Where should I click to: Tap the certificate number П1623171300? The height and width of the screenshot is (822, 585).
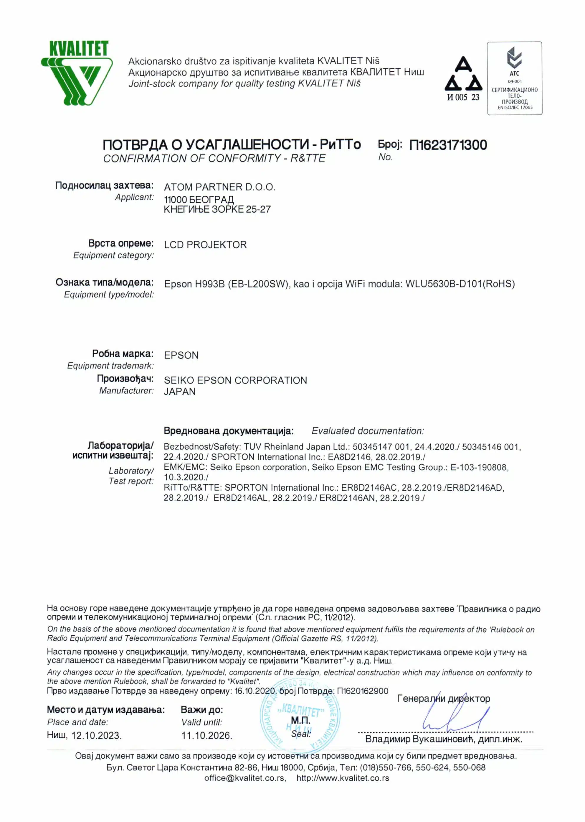(x=448, y=145)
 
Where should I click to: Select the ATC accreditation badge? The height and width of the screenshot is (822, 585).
(x=514, y=78)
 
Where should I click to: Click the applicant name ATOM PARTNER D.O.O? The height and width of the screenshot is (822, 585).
(x=219, y=187)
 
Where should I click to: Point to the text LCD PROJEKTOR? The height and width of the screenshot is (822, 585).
(x=205, y=245)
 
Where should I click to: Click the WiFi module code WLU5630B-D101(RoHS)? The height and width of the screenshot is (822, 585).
(x=460, y=284)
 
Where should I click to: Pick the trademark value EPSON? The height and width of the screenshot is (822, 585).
(x=181, y=356)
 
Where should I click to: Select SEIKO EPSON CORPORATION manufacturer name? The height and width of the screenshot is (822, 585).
(x=235, y=380)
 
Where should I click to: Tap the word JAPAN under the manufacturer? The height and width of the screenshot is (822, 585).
(x=180, y=392)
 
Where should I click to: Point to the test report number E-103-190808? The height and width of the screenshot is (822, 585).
(x=479, y=467)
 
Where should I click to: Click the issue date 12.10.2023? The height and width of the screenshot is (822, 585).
(x=96, y=736)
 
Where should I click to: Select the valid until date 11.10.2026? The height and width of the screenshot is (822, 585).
(x=207, y=736)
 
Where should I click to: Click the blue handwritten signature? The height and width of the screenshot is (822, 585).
(x=454, y=717)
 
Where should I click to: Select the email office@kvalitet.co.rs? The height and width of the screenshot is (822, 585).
(x=244, y=778)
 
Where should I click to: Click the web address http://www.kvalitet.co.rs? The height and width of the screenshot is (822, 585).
(x=343, y=778)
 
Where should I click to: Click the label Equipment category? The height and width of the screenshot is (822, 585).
(x=113, y=255)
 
